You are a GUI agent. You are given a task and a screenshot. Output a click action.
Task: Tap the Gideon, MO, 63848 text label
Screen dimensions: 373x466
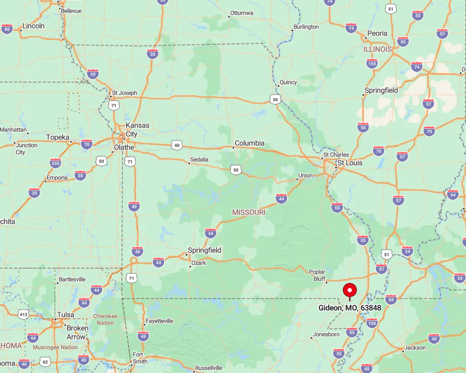(x=349, y=308)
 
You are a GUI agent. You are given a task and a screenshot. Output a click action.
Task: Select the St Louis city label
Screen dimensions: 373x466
(x=350, y=163)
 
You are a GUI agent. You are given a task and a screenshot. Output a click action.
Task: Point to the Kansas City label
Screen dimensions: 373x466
(x=131, y=130)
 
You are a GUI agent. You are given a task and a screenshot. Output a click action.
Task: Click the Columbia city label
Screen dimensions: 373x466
(x=250, y=143)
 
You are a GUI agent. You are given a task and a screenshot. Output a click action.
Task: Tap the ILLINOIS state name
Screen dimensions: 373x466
(x=378, y=49)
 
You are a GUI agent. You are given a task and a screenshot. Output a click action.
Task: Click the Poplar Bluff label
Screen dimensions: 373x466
(x=317, y=275)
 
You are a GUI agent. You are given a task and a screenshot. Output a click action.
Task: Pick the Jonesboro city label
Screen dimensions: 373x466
(x=326, y=334)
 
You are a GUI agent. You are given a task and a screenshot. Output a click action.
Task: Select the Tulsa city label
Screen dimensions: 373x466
(x=66, y=315)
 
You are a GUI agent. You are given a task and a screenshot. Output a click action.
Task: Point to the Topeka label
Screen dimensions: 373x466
(x=58, y=137)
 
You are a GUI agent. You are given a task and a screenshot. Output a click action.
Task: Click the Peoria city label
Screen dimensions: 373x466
(x=377, y=33)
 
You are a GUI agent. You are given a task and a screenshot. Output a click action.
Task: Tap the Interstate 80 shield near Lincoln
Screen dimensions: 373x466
(x=7, y=29)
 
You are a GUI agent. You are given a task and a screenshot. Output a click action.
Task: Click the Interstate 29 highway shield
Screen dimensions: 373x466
(x=92, y=74)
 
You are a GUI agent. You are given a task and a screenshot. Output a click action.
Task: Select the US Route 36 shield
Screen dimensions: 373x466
(x=274, y=99)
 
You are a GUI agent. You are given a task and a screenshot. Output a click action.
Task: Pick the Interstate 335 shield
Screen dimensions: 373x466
(x=55, y=163)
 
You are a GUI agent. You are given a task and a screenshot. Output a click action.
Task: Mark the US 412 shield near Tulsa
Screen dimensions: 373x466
(x=23, y=315)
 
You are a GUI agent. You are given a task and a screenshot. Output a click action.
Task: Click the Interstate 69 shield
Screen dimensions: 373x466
(x=391, y=300)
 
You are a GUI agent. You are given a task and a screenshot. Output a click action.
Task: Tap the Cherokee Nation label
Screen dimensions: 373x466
(x=105, y=320)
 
